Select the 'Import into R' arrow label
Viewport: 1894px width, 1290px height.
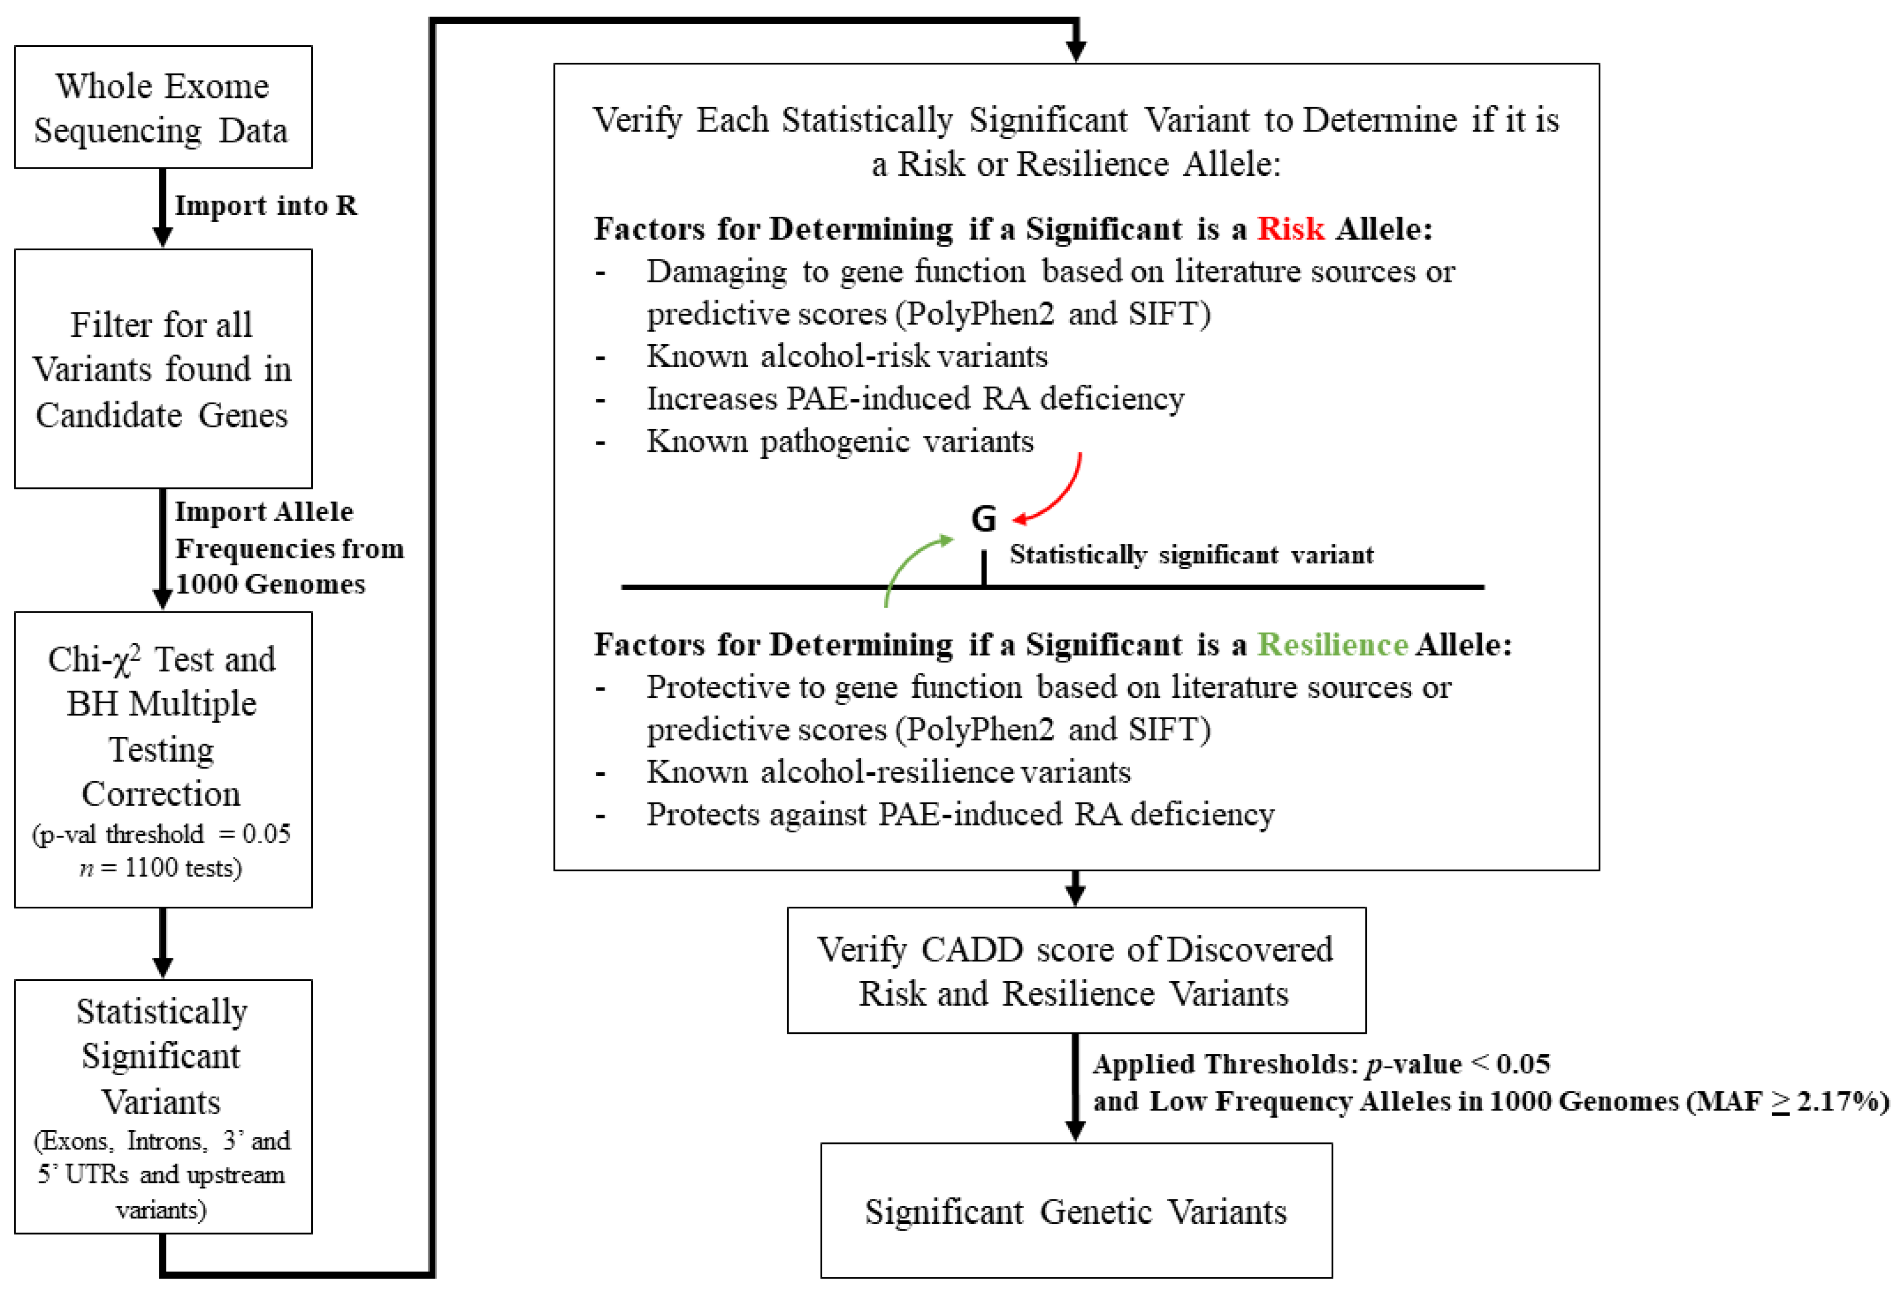[265, 206]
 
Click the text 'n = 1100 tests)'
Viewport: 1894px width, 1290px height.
[161, 868]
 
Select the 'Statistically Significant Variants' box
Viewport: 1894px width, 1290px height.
[163, 1106]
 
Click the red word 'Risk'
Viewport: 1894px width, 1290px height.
[1290, 229]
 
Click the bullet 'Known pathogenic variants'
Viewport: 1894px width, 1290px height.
[839, 441]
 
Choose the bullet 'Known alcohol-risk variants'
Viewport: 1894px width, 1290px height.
[847, 356]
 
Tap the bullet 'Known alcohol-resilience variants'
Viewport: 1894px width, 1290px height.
[889, 772]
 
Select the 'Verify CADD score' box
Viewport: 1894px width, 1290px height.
[1076, 971]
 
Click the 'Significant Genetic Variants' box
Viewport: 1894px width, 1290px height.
[1076, 1211]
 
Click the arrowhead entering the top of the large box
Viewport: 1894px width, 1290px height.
[1076, 51]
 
